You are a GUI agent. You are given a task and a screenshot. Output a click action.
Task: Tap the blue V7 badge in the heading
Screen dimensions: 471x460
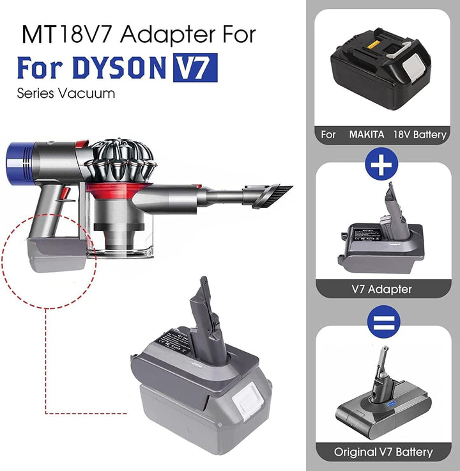[x=194, y=68]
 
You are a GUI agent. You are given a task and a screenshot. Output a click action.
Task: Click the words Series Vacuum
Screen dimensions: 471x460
[x=66, y=93]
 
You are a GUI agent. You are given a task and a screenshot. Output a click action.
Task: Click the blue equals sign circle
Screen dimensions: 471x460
[x=381, y=321]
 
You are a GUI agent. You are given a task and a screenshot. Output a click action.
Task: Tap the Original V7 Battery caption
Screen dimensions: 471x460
[x=383, y=452]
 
